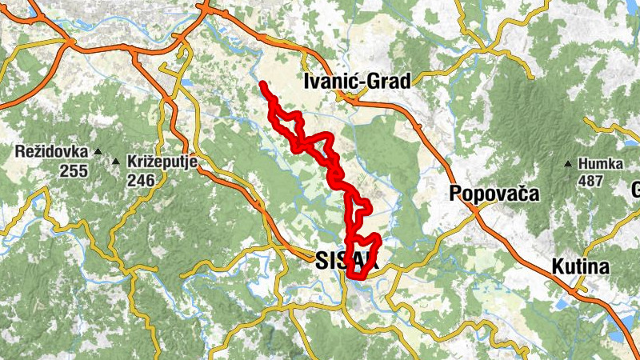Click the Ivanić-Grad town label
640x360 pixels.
[358, 81]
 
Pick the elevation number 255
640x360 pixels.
[73, 170]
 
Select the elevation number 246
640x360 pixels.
[140, 181]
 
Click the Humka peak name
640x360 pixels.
[602, 164]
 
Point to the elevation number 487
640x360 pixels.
[590, 181]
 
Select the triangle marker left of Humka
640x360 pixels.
[568, 165]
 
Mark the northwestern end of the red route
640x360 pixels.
[262, 84]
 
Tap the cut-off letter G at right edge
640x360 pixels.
[637, 190]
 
